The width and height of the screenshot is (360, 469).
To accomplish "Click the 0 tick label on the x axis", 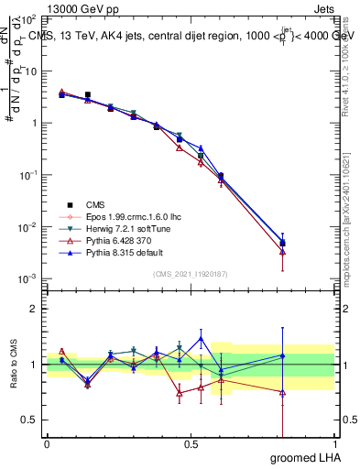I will tap(47, 445).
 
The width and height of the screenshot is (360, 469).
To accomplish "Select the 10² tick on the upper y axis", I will tap(31, 18).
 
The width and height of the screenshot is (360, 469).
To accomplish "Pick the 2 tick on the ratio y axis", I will tap(36, 309).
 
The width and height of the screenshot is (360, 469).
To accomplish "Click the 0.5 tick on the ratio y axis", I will tap(31, 420).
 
